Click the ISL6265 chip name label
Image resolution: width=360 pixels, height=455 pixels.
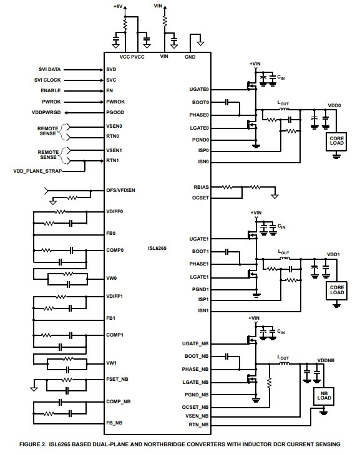click(x=157, y=249)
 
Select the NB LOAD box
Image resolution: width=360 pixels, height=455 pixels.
click(x=324, y=396)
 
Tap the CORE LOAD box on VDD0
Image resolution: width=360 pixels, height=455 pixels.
click(x=336, y=141)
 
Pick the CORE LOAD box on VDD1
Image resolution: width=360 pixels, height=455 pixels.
click(x=336, y=290)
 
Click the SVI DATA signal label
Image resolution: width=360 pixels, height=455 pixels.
click(x=49, y=70)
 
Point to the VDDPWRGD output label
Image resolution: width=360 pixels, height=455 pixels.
click(x=46, y=113)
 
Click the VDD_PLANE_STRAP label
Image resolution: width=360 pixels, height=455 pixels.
click(x=37, y=171)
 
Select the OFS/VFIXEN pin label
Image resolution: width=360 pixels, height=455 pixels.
click(x=120, y=190)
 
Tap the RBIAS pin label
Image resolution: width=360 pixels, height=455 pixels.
click(x=201, y=187)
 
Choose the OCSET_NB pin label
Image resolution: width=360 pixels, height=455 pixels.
click(x=195, y=408)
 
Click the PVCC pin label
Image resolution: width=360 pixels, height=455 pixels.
click(x=137, y=57)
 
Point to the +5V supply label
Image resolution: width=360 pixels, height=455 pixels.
click(x=118, y=6)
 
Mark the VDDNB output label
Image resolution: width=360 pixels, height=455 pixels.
click(x=326, y=360)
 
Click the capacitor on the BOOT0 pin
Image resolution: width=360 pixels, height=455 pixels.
click(x=227, y=102)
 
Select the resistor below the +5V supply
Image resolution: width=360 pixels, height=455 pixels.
click(x=125, y=25)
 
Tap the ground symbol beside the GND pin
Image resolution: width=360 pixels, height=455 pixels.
click(x=200, y=43)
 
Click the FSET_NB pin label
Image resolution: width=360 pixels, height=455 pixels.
click(x=117, y=379)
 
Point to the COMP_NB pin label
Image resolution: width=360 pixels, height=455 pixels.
click(x=119, y=401)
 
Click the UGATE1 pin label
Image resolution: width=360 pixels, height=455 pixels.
click(x=199, y=239)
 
